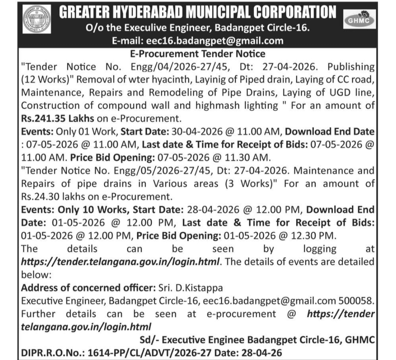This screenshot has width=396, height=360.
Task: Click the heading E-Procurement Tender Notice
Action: [x=198, y=54]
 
